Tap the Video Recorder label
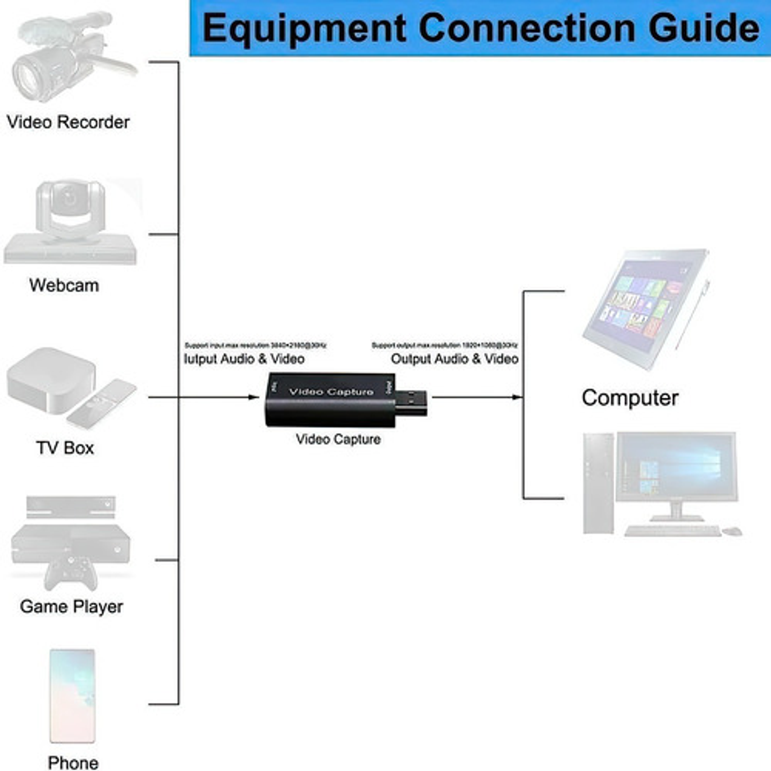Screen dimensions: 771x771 [x=68, y=122]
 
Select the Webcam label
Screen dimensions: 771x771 [x=64, y=285]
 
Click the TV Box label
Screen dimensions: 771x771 [x=65, y=448]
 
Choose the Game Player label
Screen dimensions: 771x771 [x=71, y=607]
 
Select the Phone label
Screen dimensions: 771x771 [x=73, y=762]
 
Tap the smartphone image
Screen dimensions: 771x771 [x=72, y=696]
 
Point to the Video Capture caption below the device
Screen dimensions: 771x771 [x=338, y=440]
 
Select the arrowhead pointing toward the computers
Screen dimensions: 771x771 [x=517, y=397]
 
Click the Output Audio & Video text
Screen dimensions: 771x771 [x=454, y=359]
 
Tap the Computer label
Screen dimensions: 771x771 [x=630, y=398]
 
